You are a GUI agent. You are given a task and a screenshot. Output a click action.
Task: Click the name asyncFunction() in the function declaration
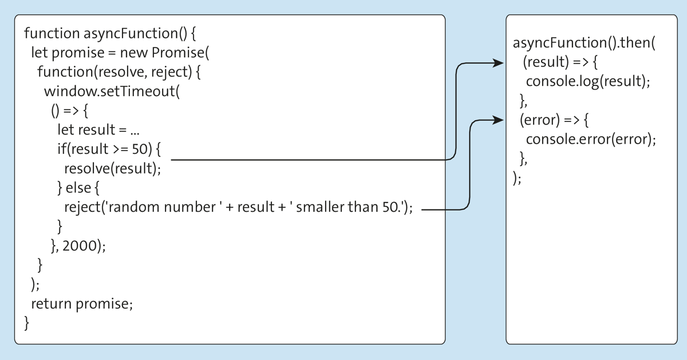point(135,33)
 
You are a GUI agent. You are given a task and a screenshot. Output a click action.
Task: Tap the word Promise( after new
point(180,53)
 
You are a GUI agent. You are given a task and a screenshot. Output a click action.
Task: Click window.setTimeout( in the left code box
point(112,92)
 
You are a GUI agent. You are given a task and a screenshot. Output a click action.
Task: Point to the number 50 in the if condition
point(140,149)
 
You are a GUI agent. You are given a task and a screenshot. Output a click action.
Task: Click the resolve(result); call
point(113,169)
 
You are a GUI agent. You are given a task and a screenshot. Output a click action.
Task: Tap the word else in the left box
point(78,188)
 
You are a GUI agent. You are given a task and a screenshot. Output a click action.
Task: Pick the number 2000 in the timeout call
point(80,246)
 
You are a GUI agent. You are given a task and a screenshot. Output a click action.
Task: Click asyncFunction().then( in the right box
point(584,43)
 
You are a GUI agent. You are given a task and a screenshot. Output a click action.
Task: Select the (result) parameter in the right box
point(546,62)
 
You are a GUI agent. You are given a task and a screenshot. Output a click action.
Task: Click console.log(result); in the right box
point(588,82)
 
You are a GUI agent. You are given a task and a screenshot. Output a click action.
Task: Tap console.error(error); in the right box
point(591,140)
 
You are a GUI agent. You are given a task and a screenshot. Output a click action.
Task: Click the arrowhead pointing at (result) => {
point(498,63)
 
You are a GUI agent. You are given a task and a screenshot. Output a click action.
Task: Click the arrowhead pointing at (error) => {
point(498,120)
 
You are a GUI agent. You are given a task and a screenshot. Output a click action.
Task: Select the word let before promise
point(40,53)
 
